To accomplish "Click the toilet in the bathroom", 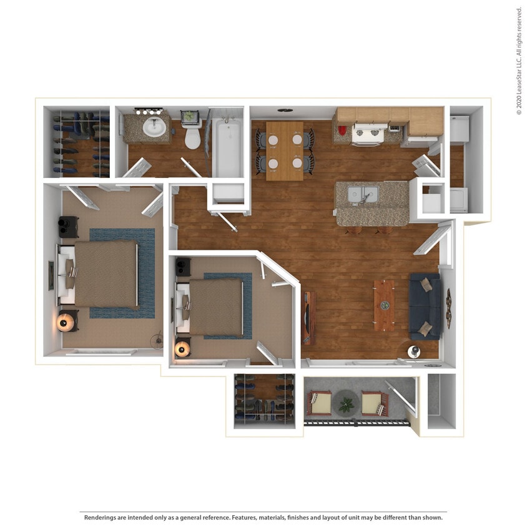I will point(192,137).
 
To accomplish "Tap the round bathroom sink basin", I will point(154,127).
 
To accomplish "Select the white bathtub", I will point(227,147).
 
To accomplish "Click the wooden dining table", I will point(285,150).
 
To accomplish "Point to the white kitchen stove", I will point(367,134).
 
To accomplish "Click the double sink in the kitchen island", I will point(362,195).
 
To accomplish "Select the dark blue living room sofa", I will point(426,305).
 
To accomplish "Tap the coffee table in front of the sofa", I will point(384,305).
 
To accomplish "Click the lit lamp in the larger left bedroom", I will point(65,322).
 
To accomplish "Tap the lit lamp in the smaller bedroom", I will point(182,348).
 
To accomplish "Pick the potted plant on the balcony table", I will point(345,405).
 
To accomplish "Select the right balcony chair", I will point(374,403).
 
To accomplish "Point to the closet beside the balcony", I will point(263,400).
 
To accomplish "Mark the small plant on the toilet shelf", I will point(189,117).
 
